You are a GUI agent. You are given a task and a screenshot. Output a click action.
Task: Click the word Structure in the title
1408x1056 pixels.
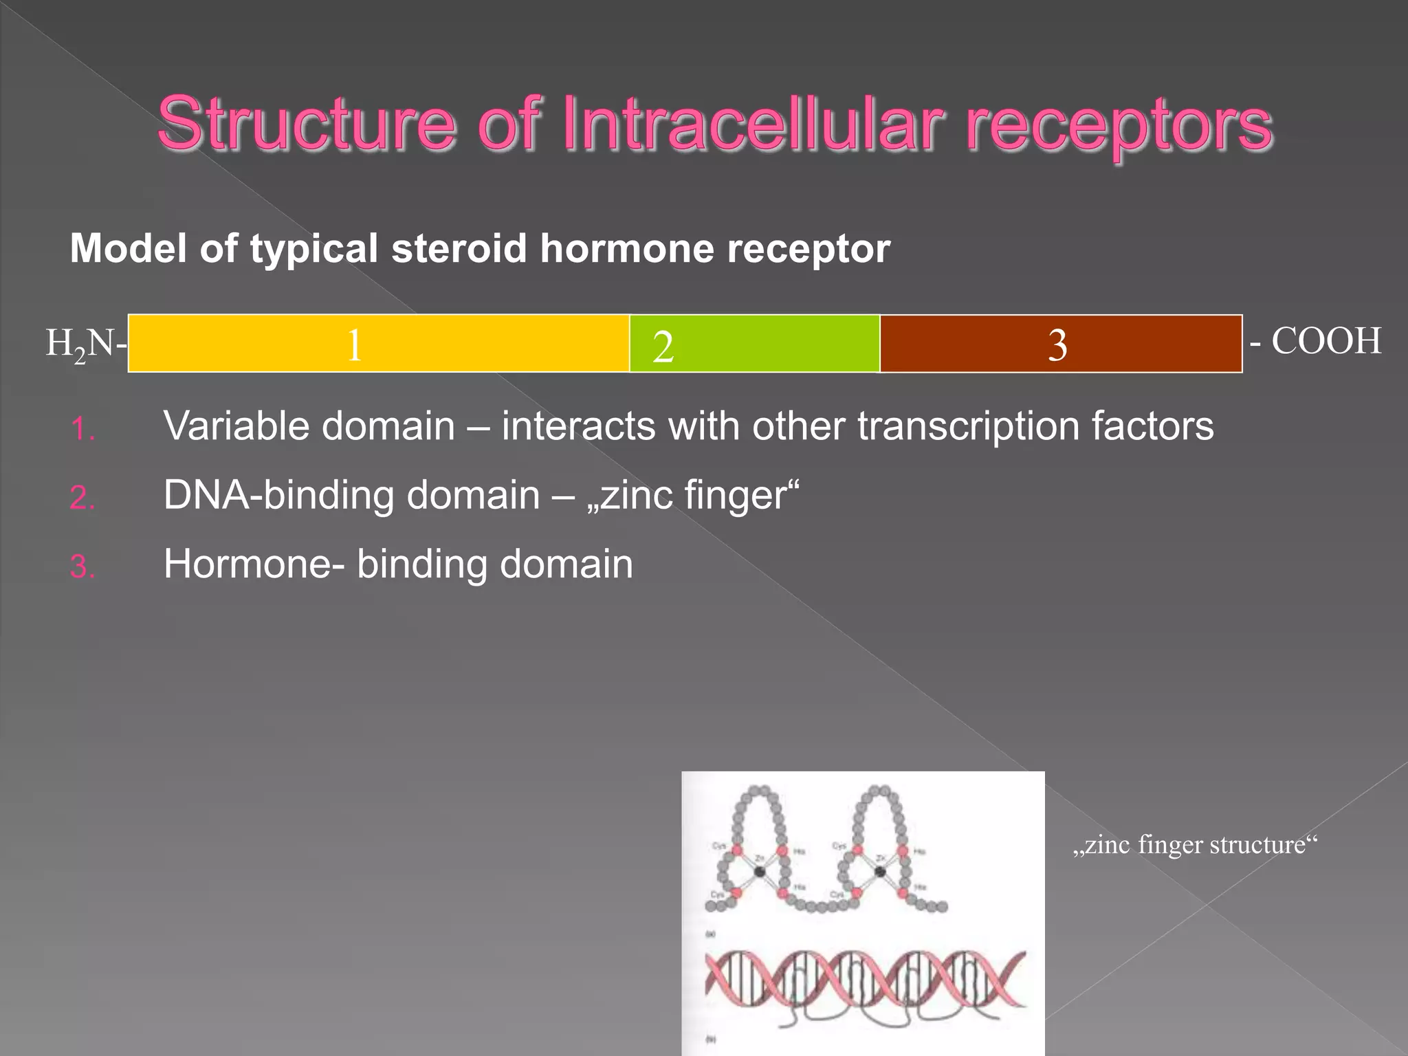coord(306,124)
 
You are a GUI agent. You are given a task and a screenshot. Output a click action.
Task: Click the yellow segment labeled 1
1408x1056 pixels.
coord(378,344)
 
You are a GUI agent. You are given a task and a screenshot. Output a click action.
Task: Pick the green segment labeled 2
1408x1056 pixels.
coord(754,344)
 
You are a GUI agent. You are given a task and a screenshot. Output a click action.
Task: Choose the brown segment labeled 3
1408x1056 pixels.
coord(1061,344)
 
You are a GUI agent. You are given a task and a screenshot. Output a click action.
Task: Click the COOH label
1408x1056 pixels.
coord(1325,341)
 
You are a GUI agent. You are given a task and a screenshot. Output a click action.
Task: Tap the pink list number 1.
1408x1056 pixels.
coord(82,430)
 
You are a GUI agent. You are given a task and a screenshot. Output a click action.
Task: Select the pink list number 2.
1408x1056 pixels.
coord(82,498)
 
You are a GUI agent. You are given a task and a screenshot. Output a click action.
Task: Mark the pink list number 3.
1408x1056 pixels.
coord(82,567)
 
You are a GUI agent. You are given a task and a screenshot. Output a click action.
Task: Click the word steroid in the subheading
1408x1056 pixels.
coord(459,248)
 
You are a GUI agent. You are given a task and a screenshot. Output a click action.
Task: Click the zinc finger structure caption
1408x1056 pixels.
coord(1195,844)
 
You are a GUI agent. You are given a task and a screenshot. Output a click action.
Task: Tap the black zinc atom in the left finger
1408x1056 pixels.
coord(759,872)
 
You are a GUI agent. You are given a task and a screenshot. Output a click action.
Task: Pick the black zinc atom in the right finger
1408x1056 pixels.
coord(880,872)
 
